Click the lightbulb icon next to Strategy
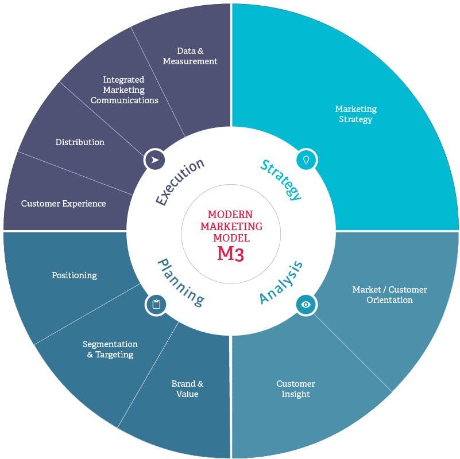[x=306, y=160]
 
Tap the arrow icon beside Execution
[x=154, y=160]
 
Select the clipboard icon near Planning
[x=156, y=305]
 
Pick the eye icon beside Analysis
[x=306, y=304]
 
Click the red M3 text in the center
[x=230, y=254]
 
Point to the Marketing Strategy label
[x=355, y=114]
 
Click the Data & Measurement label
[x=190, y=56]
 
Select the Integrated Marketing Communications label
[x=124, y=90]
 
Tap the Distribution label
[x=80, y=142]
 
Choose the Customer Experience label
[x=63, y=203]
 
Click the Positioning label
[x=74, y=275]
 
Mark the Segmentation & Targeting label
[x=110, y=349]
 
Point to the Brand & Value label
[x=187, y=388]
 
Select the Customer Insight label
[x=296, y=388]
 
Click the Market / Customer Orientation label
[x=389, y=294]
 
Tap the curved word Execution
[x=180, y=181]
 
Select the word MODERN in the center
[x=230, y=214]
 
